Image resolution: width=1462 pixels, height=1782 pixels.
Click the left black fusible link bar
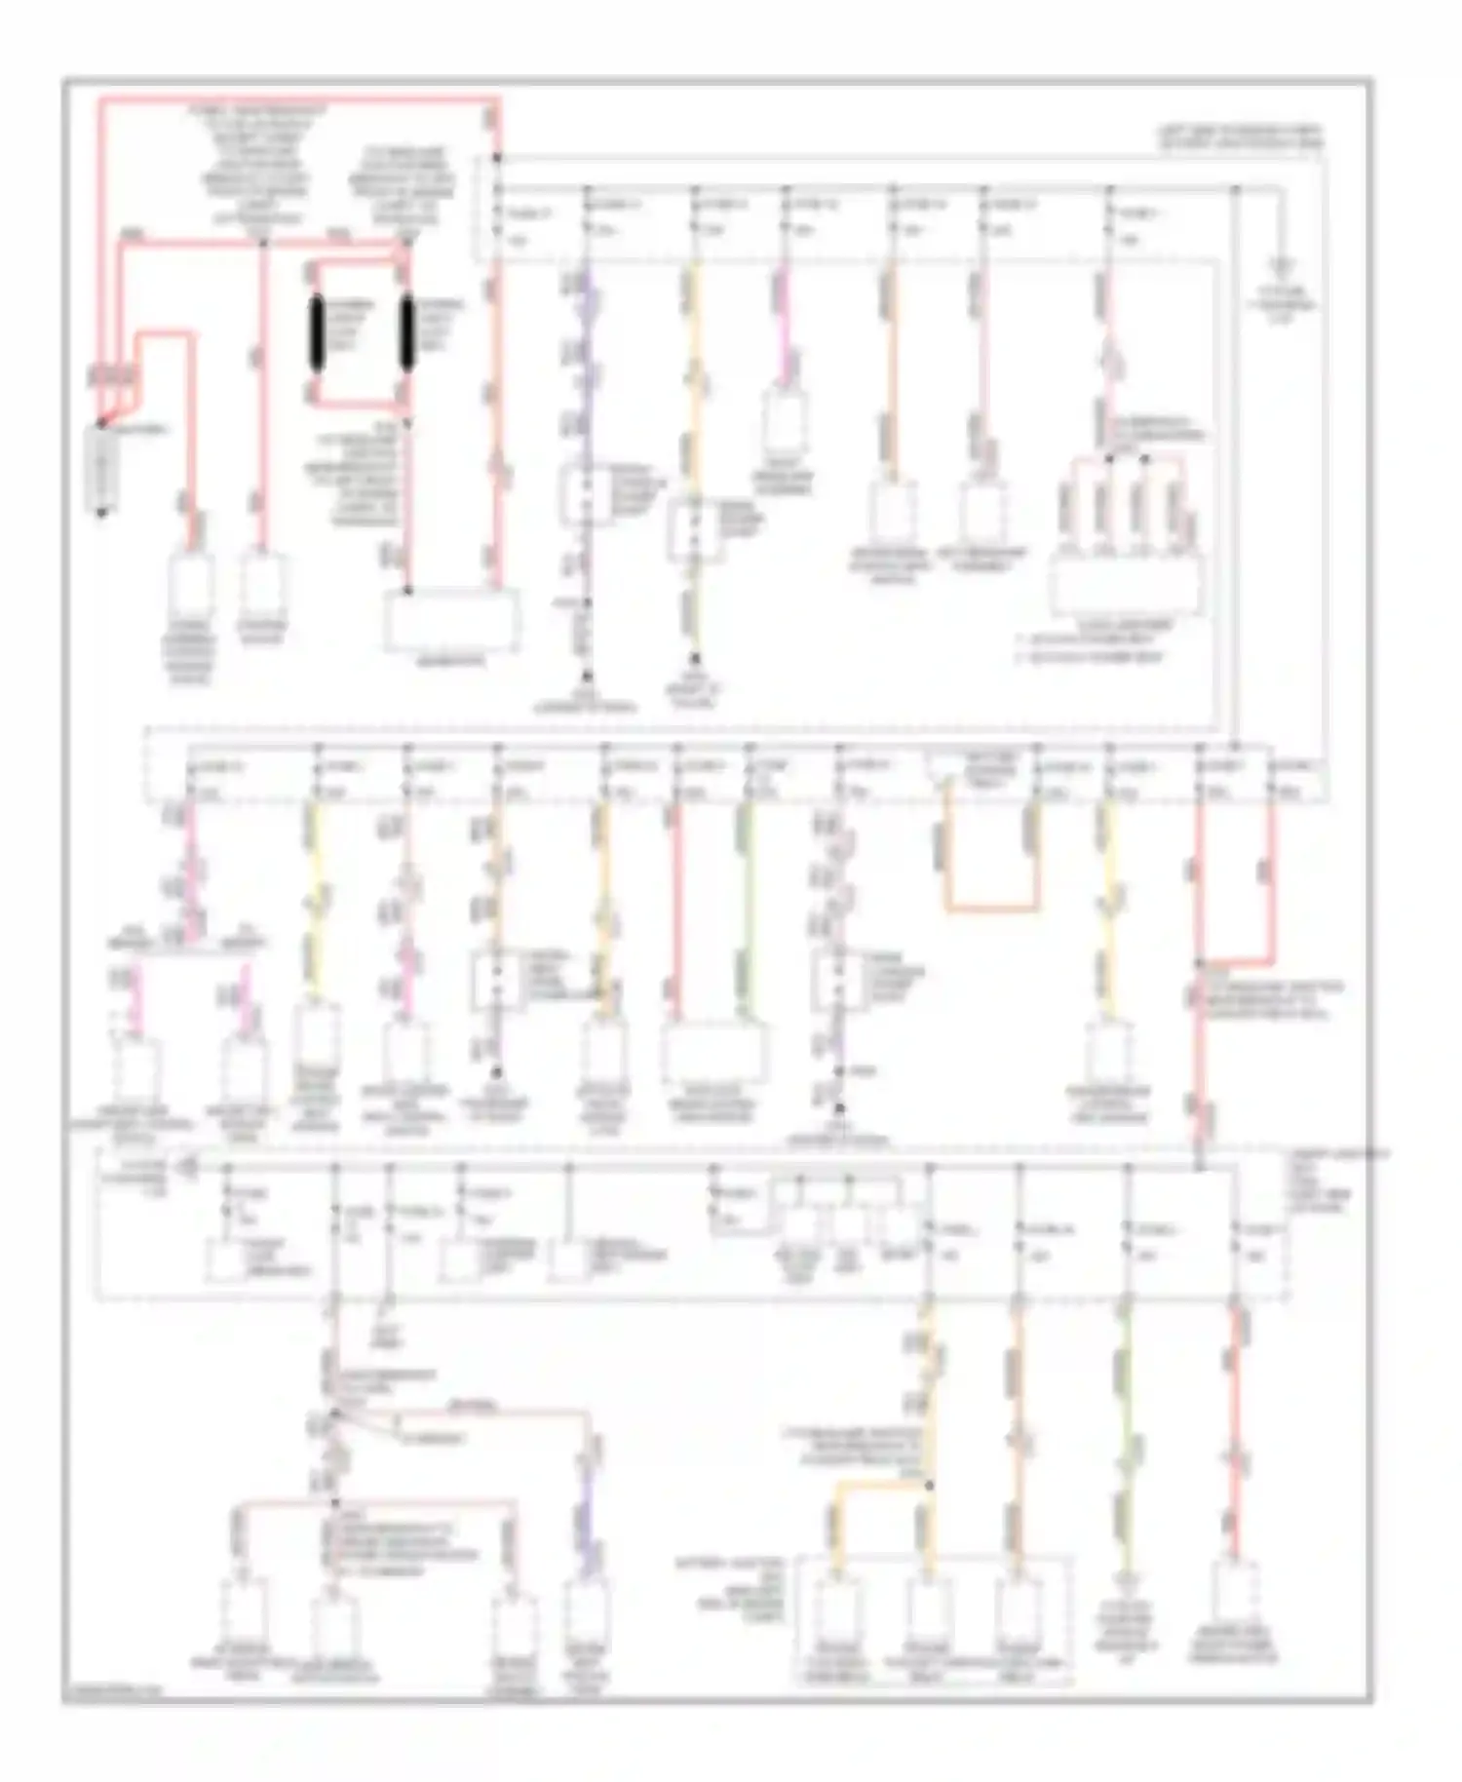(x=317, y=333)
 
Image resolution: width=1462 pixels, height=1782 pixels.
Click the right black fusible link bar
(x=407, y=333)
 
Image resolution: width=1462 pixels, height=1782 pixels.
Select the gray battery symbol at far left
(x=102, y=471)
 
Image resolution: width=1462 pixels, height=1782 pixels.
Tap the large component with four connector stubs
(x=1126, y=585)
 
